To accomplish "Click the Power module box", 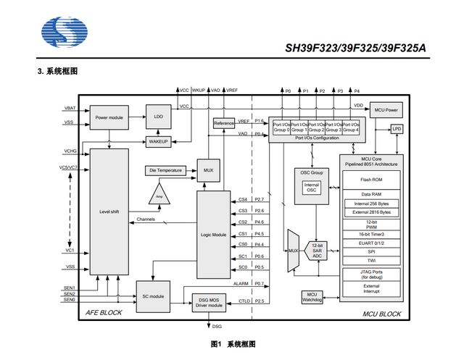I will (x=109, y=116).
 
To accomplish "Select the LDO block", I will (x=159, y=116).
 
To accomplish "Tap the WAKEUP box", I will (x=159, y=141).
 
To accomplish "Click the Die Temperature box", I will (x=165, y=170).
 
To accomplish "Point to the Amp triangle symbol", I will (x=159, y=195).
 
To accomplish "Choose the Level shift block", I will (x=109, y=212).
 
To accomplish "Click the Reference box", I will (x=224, y=124).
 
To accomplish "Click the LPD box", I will (x=397, y=128).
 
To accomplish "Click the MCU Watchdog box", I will (x=310, y=298).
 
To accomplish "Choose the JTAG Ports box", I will (x=370, y=275).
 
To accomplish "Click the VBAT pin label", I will (x=70, y=108).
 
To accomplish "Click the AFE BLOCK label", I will (x=104, y=312).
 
